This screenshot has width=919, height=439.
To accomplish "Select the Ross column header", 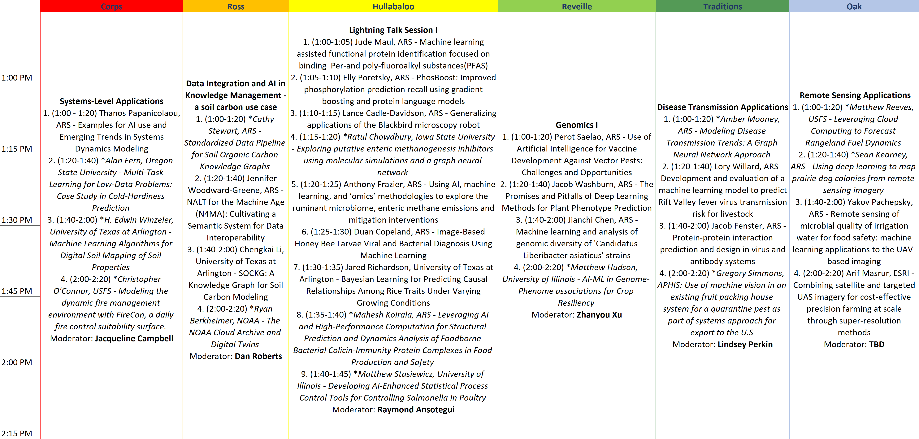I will (x=236, y=7).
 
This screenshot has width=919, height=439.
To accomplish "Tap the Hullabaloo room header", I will (x=393, y=7).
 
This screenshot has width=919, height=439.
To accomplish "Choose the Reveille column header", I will (x=577, y=7).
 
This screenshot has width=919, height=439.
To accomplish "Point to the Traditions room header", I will (x=722, y=7).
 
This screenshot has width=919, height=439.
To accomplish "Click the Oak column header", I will (x=854, y=7).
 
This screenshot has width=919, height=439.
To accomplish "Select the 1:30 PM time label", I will (x=17, y=220).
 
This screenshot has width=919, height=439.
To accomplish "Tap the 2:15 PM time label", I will (x=17, y=433).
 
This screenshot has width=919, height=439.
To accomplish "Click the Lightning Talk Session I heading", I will (x=393, y=30).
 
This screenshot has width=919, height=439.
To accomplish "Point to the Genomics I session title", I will (x=577, y=125).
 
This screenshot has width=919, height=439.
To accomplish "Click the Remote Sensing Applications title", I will (x=855, y=95).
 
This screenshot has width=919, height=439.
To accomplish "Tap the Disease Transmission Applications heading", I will (x=722, y=107).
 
